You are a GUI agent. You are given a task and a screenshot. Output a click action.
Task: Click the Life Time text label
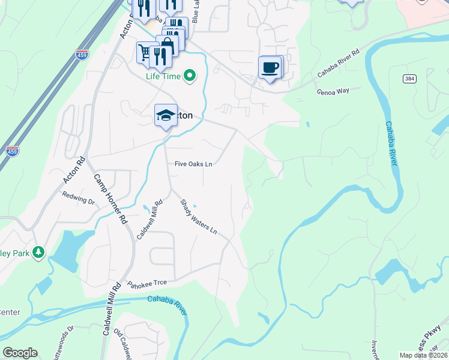click(x=163, y=76)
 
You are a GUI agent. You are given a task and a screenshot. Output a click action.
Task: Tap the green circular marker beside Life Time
click(x=190, y=76)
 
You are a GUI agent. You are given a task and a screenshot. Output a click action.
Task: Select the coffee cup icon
click(x=270, y=67)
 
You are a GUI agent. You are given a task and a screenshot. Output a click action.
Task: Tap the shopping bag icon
click(x=167, y=45)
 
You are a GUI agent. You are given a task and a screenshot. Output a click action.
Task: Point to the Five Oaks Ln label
click(x=194, y=163)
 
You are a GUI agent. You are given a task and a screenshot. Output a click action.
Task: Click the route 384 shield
click(x=410, y=79)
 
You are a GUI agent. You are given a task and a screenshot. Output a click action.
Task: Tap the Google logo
click(x=20, y=353)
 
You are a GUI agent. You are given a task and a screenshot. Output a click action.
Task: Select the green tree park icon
click(x=39, y=251)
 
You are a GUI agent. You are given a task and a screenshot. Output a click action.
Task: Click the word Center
click(x=10, y=312)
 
